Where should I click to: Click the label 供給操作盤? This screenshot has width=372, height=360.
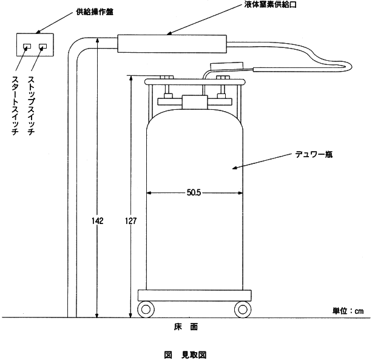[x=95, y=12]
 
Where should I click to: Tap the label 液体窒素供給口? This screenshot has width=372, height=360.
[x=271, y=4]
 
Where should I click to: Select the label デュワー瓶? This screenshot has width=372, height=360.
[x=314, y=154]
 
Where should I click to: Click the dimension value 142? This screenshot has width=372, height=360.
[x=98, y=221]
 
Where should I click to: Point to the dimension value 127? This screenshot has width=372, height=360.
[x=130, y=221]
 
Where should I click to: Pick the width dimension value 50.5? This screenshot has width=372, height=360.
[x=194, y=192]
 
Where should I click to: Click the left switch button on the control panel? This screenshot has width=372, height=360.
[x=27, y=46]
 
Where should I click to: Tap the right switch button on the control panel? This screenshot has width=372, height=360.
[x=42, y=46]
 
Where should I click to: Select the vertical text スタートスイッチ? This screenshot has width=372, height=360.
[x=15, y=106]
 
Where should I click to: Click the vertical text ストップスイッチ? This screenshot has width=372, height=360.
[x=31, y=106]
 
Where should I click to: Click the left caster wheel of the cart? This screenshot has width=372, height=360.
[x=146, y=309]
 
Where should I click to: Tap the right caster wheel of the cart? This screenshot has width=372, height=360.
[x=243, y=309]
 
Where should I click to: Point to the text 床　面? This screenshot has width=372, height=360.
[x=186, y=327]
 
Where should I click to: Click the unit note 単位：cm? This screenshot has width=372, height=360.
[x=348, y=311]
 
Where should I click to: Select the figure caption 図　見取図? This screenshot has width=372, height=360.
[x=186, y=355]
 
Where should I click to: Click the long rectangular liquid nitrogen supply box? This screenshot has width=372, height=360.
[x=172, y=44]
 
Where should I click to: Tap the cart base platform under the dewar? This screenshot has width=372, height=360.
[x=195, y=295]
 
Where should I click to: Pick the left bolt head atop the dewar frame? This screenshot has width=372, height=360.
[x=167, y=78]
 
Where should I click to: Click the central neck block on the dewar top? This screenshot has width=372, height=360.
[x=195, y=102]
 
